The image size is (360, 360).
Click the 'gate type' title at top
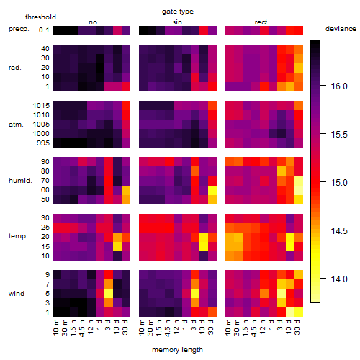click(178, 12)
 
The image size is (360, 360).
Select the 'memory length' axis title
click(177, 350)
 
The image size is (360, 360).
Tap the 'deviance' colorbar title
click(341, 29)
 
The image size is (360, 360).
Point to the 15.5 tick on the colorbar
click(323, 134)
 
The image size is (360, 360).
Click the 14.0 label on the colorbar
click(339, 279)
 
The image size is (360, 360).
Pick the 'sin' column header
click(177, 22)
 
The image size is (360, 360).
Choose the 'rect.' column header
click(261, 22)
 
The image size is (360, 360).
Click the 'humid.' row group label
click(20, 181)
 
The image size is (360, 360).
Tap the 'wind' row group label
click(17, 294)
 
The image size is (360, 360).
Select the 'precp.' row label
click(19, 29)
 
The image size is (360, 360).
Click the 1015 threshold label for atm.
click(41, 106)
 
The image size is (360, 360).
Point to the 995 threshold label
click(43, 143)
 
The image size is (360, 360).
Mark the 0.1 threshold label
click(44, 30)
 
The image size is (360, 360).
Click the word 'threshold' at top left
click(40, 17)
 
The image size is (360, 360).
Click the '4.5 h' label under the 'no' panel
click(82, 328)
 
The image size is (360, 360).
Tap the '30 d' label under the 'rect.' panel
click(297, 327)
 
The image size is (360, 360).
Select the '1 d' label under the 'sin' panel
click(185, 325)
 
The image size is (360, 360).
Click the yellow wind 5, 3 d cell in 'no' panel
click(109, 293)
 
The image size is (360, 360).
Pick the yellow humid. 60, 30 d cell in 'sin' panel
click(212, 190)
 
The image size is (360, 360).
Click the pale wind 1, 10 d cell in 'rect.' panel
click(290, 312)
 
